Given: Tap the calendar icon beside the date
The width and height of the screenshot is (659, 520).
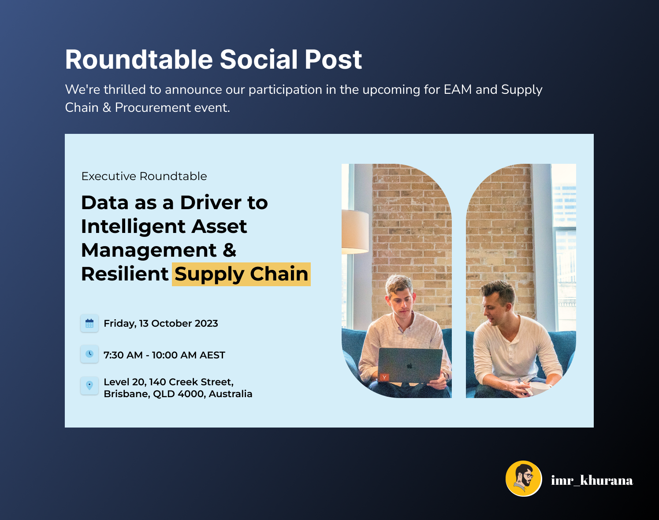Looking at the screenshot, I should tap(89, 323).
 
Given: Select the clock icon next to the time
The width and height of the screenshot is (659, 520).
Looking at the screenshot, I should tap(89, 354).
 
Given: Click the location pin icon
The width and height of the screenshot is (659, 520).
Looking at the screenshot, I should tap(89, 386).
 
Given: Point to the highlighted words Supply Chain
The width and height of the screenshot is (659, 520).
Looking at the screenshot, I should tap(241, 274).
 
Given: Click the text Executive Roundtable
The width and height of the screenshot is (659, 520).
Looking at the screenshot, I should tap(144, 176).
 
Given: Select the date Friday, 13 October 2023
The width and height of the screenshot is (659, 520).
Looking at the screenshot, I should tap(161, 324).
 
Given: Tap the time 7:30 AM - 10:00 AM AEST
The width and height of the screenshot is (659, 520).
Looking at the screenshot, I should tap(164, 355).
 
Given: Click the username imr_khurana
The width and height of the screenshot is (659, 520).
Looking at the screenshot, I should tap(592, 480).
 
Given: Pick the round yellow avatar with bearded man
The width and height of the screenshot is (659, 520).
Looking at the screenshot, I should tap(524, 479).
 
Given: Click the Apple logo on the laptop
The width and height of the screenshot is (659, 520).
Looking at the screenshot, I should tap(410, 366).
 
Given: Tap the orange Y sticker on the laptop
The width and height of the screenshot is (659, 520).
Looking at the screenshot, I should tap(384, 377).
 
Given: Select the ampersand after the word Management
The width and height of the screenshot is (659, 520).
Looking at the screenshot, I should tap(230, 251).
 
